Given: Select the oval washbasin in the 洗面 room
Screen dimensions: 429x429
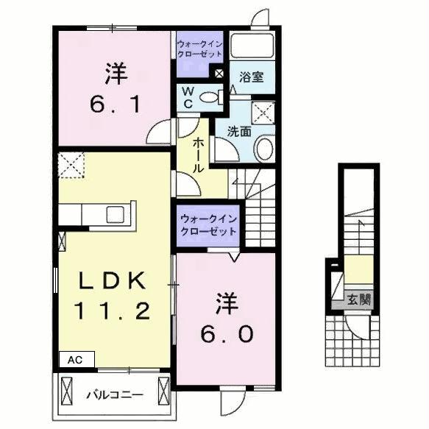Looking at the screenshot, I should click(263, 149).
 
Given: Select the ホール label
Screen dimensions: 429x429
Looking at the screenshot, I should click(198, 156).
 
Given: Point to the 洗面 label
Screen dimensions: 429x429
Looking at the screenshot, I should click(239, 132).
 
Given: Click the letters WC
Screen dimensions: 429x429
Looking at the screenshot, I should click(187, 98).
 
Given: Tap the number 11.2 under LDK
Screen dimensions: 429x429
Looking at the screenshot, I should click(114, 310).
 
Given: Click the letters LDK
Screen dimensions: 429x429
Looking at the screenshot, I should click(114, 280).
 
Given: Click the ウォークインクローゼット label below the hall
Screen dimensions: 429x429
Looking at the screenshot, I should click(208, 224).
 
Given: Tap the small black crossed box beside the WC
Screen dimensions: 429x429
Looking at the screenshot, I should click(219, 73).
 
